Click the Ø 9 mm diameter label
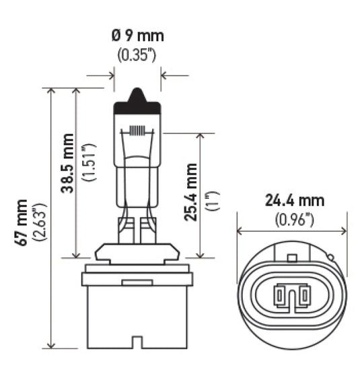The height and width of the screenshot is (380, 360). [x=137, y=35]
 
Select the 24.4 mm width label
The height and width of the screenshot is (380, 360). [x=294, y=201]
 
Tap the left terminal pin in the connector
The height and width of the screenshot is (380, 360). [x=280, y=294]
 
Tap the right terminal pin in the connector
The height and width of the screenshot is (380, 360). [x=303, y=294]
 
